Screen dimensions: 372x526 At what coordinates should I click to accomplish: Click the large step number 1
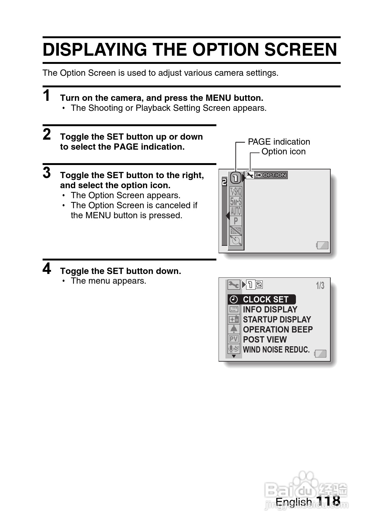pyautogui.click(x=47, y=96)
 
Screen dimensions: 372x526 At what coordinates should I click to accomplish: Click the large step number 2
pyautogui.click(x=47, y=135)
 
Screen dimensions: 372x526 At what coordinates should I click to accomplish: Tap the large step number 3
pyautogui.click(x=47, y=173)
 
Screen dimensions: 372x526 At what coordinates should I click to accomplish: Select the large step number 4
pyautogui.click(x=47, y=269)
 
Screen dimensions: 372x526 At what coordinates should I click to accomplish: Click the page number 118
pyautogui.click(x=328, y=501)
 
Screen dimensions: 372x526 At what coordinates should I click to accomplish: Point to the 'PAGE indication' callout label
pyautogui.click(x=279, y=142)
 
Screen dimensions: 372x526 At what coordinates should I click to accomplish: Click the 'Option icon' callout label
pyautogui.click(x=283, y=152)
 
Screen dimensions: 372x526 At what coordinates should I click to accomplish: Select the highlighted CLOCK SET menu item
pyautogui.click(x=265, y=300)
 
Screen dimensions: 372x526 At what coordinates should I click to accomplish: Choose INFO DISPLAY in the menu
pyautogui.click(x=270, y=310)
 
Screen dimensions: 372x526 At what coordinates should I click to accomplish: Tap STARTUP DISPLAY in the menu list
pyautogui.click(x=277, y=320)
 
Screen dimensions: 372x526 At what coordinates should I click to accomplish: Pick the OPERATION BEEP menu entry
pyautogui.click(x=278, y=330)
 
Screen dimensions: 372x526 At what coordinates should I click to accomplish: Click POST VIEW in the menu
pyautogui.click(x=265, y=340)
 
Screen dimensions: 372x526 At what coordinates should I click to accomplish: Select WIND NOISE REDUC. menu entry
pyautogui.click(x=276, y=350)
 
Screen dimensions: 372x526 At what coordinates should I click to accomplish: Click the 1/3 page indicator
pyautogui.click(x=320, y=286)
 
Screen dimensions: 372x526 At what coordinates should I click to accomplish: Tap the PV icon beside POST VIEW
pyautogui.click(x=234, y=339)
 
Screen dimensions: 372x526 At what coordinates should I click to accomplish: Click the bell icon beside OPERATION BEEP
pyautogui.click(x=234, y=329)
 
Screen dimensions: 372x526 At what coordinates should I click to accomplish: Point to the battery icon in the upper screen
pyautogui.click(x=323, y=245)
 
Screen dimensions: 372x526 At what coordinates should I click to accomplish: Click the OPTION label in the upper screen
pyautogui.click(x=274, y=175)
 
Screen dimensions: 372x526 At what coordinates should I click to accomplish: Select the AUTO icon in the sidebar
pyautogui.click(x=236, y=211)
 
